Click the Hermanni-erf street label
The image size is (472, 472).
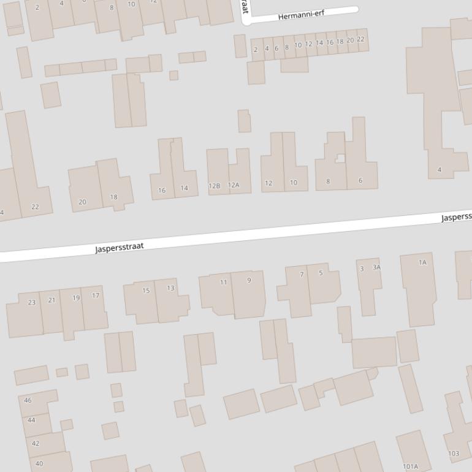tap(301, 15)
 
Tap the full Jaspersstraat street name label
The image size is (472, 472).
tap(120, 247)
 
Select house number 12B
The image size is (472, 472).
tap(214, 186)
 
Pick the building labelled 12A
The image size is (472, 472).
tap(234, 185)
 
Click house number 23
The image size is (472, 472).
tap(32, 302)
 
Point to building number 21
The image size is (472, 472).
tap(51, 300)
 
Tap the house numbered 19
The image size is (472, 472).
tap(76, 298)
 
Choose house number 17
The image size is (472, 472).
tap(96, 295)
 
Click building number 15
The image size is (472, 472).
tap(146, 291)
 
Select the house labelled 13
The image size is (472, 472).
tap(170, 288)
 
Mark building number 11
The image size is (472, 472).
tap(224, 283)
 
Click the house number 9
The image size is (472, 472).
tap(249, 281)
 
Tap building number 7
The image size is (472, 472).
tap(301, 275)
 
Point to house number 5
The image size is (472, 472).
tap(320, 273)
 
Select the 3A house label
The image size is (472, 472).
tap(376, 267)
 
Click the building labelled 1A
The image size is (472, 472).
tap(422, 262)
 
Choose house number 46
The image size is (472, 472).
tap(28, 400)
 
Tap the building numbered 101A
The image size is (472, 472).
tap(410, 466)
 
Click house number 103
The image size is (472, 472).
tap(454, 454)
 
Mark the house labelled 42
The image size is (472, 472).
tap(36, 443)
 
